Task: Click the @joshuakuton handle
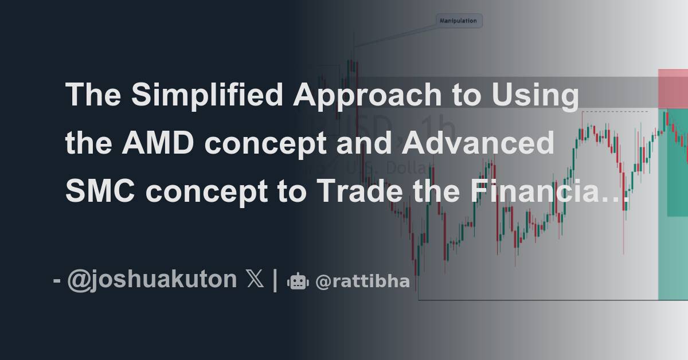point(151,280)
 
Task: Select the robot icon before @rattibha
point(298,281)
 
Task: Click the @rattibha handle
point(362,281)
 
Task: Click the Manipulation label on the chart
point(458,21)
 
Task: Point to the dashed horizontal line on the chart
point(616,111)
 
